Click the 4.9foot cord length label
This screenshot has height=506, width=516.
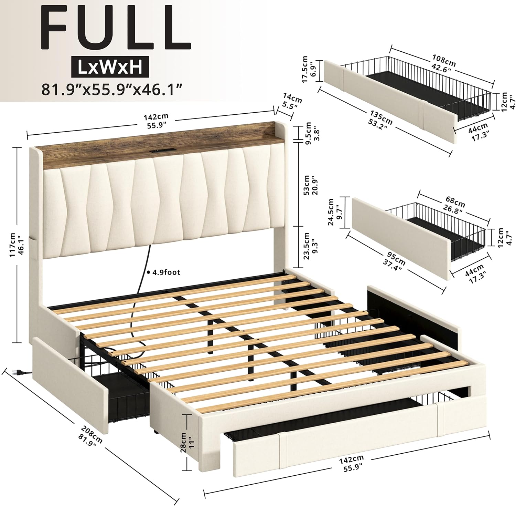coord(164,272)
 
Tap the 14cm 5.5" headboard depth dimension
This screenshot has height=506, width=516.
coord(292,101)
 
